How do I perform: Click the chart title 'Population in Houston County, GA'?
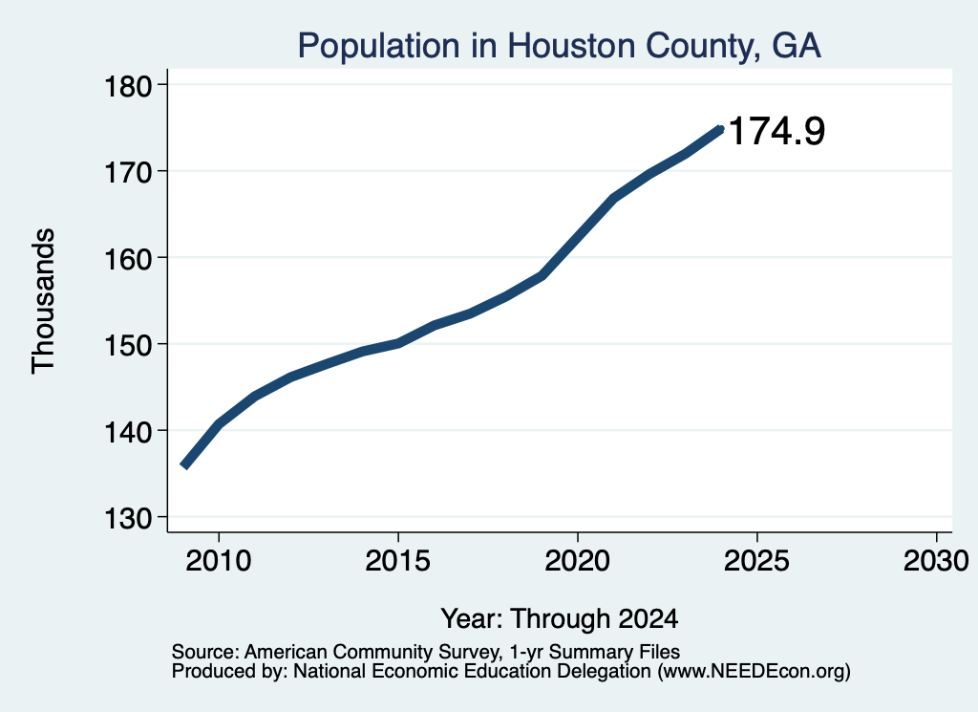559,46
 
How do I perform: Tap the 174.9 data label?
776,131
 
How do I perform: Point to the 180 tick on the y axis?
128,86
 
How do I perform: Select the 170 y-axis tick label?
128,172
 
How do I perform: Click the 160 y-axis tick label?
128,258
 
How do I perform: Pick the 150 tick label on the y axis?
128,344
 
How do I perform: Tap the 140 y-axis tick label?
128,431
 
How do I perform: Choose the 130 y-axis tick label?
128,518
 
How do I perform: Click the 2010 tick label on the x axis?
219,561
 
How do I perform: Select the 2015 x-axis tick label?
398,561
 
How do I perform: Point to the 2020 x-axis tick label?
578,561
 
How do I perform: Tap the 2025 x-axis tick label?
756,561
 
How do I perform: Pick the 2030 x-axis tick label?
936,561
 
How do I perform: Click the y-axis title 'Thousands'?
44,301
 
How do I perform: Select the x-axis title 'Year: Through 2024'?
560,619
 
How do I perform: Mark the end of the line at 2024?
720,129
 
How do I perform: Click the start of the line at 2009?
183,465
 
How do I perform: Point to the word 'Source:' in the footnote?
205,652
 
